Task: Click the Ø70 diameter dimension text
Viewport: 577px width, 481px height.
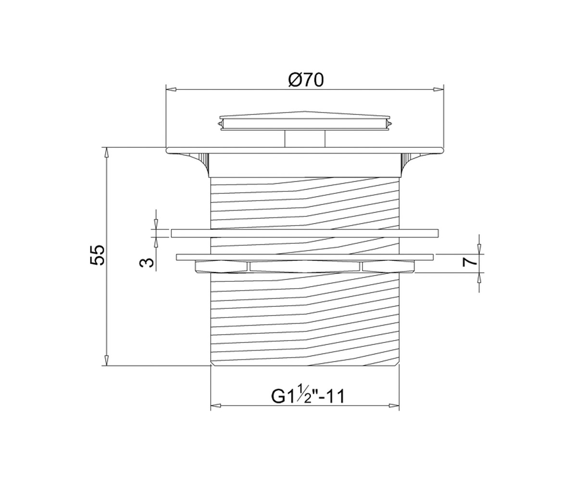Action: click(x=306, y=80)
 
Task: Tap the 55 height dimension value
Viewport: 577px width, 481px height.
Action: click(x=97, y=255)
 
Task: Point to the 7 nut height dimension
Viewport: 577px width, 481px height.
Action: click(x=470, y=262)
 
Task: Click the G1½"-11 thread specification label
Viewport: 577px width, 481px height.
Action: click(x=308, y=396)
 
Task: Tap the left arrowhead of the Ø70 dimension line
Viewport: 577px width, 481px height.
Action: click(x=171, y=89)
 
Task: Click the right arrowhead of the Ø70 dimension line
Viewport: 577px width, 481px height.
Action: click(x=438, y=89)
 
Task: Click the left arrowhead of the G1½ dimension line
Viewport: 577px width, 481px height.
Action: click(x=216, y=405)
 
